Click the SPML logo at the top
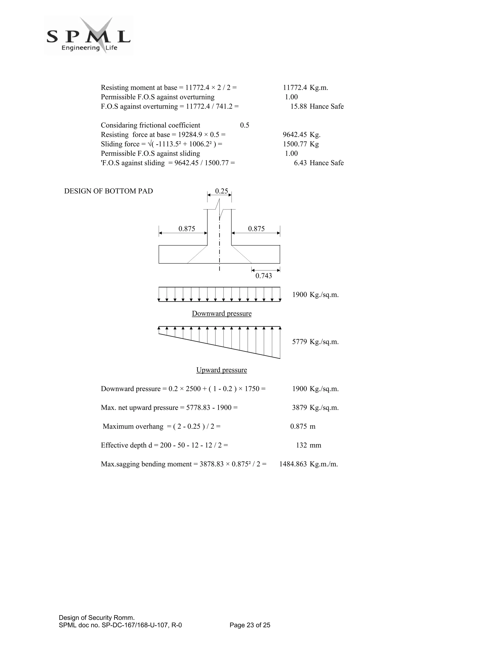coord(88,36)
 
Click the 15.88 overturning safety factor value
coord(298,106)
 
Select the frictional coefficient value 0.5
coord(244,125)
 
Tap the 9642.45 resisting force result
coord(295,135)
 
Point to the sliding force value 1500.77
coord(295,144)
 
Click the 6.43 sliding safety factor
coord(300,163)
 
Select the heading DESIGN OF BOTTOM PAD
coord(108,191)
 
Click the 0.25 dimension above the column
coord(221,191)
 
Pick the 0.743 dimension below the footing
coord(263,276)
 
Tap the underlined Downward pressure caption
coord(222,313)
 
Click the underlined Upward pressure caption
coord(222,370)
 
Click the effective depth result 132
coord(301,445)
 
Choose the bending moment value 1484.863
coord(293,464)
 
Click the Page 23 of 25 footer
coord(250,625)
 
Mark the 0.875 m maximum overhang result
coord(299,427)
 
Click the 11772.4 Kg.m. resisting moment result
coord(295,88)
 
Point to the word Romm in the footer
coord(125,618)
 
